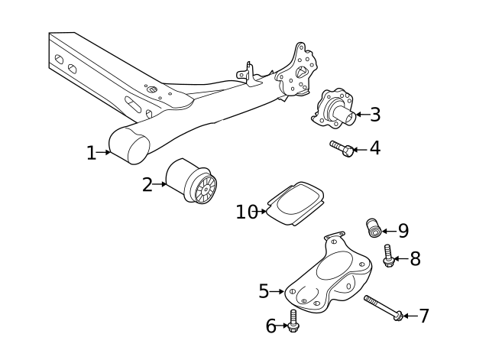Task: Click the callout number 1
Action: click(91, 153)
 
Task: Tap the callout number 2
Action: click(147, 184)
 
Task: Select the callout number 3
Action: click(374, 115)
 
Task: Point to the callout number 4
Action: click(374, 148)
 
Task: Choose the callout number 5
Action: click(264, 291)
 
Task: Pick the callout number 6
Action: click(270, 326)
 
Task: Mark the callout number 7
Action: click(423, 316)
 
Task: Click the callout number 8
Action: click(415, 259)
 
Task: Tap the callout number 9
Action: click(403, 230)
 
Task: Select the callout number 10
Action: click(246, 212)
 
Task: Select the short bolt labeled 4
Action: click(341, 148)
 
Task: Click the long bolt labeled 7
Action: click(384, 307)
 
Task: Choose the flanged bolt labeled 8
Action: click(388, 256)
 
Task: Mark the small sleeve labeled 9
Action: click(374, 227)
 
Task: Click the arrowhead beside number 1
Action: click(108, 153)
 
